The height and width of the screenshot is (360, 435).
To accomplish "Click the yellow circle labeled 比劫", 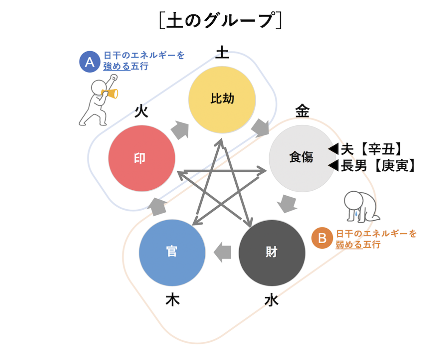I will click(x=222, y=99).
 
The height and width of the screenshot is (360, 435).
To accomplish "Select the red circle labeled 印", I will click(x=141, y=158).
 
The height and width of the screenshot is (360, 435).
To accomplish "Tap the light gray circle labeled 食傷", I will click(x=302, y=157).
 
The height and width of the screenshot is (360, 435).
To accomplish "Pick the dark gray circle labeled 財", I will click(x=272, y=252).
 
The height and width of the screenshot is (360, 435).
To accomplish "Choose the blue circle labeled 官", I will click(x=172, y=252).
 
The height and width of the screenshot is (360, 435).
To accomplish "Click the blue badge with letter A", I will click(x=89, y=62).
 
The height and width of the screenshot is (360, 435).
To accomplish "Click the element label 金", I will click(x=302, y=111).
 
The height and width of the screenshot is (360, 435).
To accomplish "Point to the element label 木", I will click(x=172, y=300).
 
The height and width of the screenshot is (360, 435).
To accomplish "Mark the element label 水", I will click(x=271, y=300).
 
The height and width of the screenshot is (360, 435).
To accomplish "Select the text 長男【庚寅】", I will click(x=377, y=166).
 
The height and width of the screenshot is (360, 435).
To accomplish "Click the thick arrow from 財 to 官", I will click(x=222, y=252).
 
